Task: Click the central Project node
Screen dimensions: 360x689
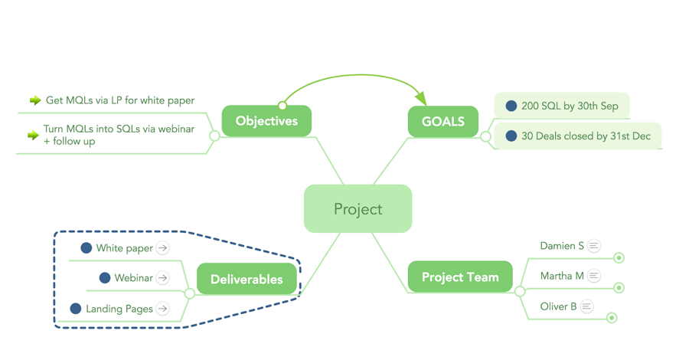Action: [358, 209]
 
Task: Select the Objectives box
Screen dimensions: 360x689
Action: [266, 121]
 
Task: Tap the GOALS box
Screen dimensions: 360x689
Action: [442, 122]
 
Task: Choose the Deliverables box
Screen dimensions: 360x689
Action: [247, 280]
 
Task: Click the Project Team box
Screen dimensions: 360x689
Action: [459, 277]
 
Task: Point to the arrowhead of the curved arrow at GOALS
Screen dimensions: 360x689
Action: [420, 99]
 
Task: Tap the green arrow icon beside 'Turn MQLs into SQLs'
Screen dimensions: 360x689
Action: [33, 136]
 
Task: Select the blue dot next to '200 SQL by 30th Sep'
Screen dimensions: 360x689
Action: [511, 106]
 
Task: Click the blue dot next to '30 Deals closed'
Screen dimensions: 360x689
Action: [511, 136]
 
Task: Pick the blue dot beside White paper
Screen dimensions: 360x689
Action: [87, 248]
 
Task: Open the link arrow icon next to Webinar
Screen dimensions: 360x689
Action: [163, 278]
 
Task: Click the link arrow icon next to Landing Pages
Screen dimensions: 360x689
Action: [163, 309]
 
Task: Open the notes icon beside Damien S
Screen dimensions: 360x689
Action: [594, 246]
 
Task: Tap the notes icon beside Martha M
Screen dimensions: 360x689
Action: [594, 276]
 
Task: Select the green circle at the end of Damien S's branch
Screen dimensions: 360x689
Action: [619, 258]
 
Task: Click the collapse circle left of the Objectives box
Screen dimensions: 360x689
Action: [215, 136]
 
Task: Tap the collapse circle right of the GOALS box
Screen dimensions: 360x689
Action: [485, 136]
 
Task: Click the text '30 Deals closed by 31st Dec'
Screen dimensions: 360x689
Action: [586, 136]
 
